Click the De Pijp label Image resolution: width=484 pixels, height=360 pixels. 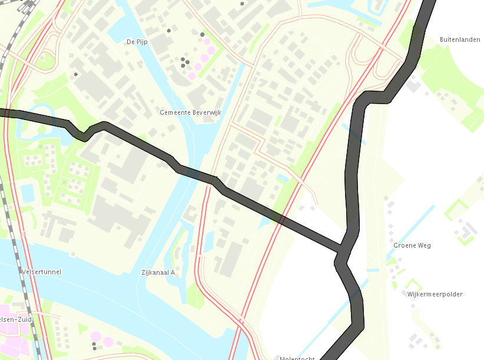click(x=136, y=42)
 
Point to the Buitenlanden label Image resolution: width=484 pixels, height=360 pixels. click(x=460, y=39)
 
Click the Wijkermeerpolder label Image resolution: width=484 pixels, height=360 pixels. click(x=435, y=294)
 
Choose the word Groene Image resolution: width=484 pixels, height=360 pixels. click(x=405, y=245)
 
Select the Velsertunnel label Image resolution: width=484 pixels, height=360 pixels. click(x=41, y=272)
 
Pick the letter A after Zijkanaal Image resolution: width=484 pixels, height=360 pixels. click(x=173, y=272)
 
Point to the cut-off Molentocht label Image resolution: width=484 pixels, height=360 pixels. click(x=297, y=358)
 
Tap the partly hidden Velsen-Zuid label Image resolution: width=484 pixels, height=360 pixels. click(x=15, y=318)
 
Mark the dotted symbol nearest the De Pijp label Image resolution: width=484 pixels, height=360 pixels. click(x=168, y=30)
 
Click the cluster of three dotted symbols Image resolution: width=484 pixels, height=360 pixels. click(x=185, y=62)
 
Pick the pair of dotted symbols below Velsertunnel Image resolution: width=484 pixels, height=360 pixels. click(x=94, y=345)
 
